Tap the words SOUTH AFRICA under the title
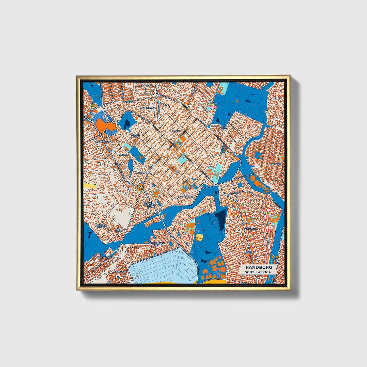point(258,272)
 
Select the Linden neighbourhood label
point(176,131)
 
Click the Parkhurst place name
point(275,164)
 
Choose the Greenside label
point(251,229)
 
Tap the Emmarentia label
point(186,196)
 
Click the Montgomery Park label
point(156,244)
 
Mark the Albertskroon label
point(106,257)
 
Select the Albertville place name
point(119,272)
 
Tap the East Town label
point(119,230)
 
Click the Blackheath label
point(103,141)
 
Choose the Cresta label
point(129,102)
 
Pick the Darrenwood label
point(149,108)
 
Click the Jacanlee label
point(146,85)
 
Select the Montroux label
point(142,172)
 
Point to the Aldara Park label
point(135,135)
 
